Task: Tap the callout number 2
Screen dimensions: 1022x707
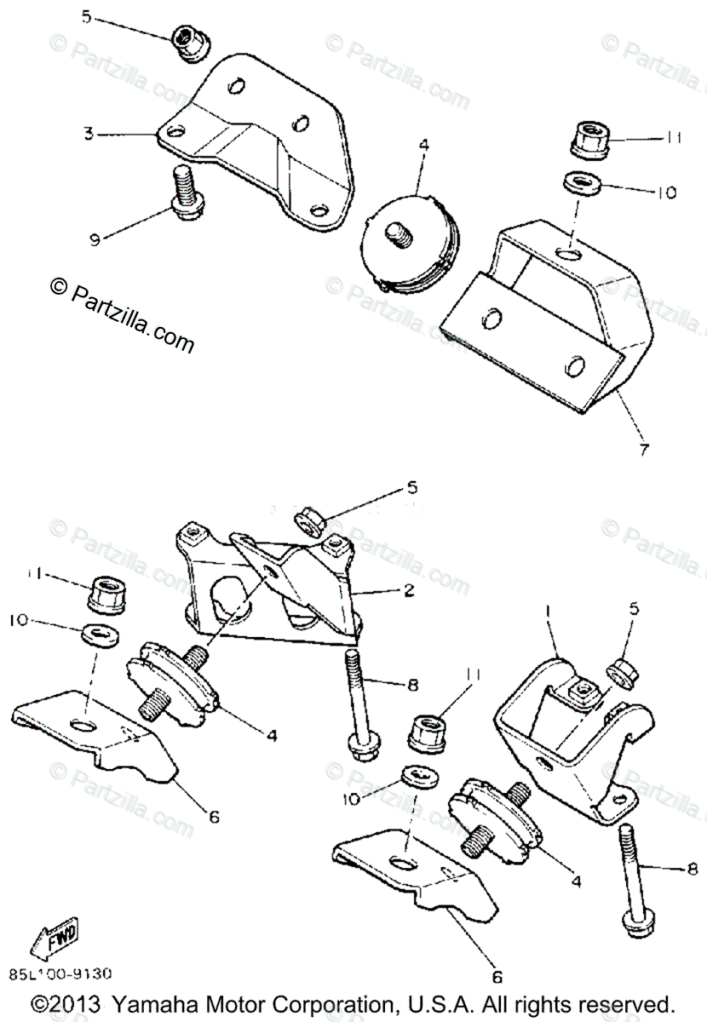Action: click(x=411, y=589)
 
